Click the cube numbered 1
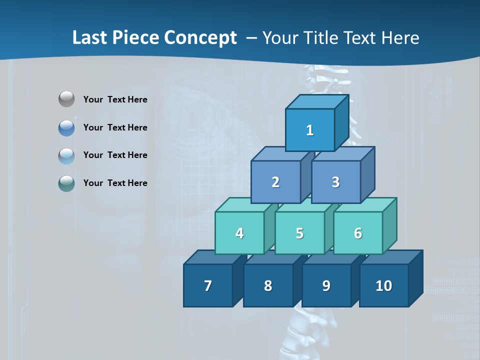(x=310, y=130)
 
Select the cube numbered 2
(x=275, y=182)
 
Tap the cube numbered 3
(x=335, y=182)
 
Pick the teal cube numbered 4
(x=239, y=233)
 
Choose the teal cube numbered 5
(x=299, y=233)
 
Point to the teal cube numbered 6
(x=358, y=233)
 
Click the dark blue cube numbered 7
(x=208, y=285)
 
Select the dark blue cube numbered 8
(x=268, y=285)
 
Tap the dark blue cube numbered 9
(x=326, y=285)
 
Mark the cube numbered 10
(x=383, y=285)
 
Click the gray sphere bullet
(x=66, y=99)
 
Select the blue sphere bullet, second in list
(x=66, y=127)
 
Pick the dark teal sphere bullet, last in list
(x=66, y=183)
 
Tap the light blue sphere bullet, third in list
(x=66, y=155)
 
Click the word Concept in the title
(x=200, y=37)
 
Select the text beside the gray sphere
(x=115, y=99)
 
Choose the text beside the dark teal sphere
(x=115, y=183)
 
